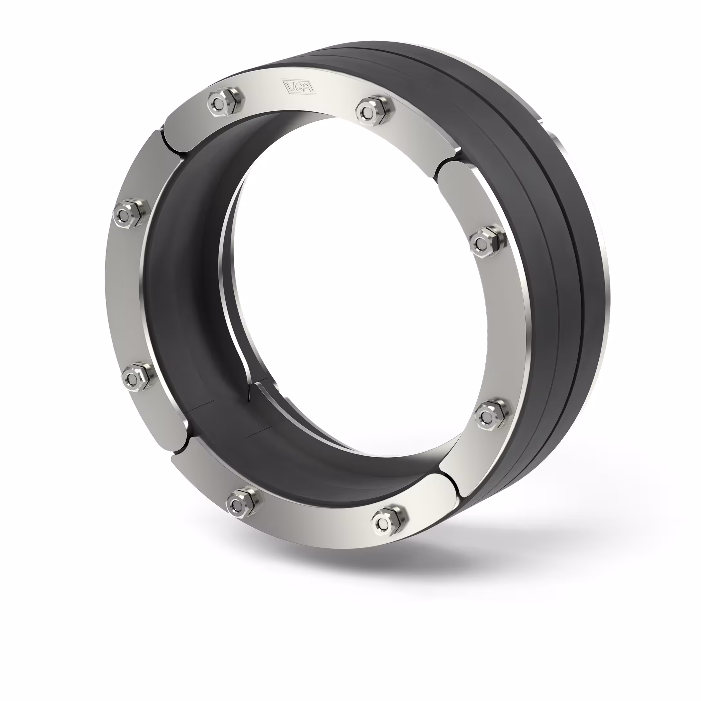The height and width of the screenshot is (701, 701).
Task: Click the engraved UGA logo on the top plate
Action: [x=299, y=87]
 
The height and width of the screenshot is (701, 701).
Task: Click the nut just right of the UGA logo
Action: [x=372, y=108]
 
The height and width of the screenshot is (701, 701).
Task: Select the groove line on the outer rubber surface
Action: [x=566, y=254]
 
